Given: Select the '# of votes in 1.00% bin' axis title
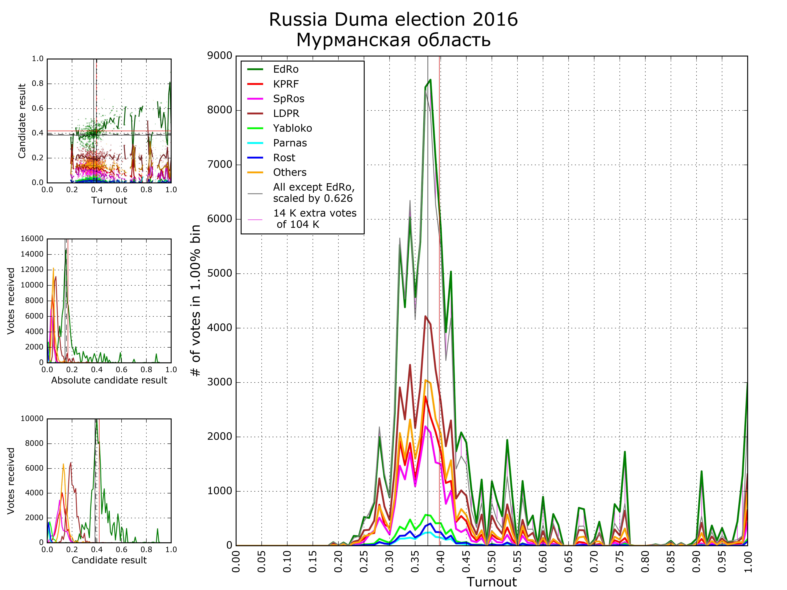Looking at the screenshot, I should coord(196,300).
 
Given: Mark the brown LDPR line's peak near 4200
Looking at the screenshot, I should coord(426,316).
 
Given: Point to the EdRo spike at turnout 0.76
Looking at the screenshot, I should coord(624,452).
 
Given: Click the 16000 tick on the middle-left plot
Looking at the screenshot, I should coord(32,239).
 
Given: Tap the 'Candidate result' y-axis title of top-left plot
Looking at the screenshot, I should coord(22,121).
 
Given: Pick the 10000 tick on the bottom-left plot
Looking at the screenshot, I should coord(32,419).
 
